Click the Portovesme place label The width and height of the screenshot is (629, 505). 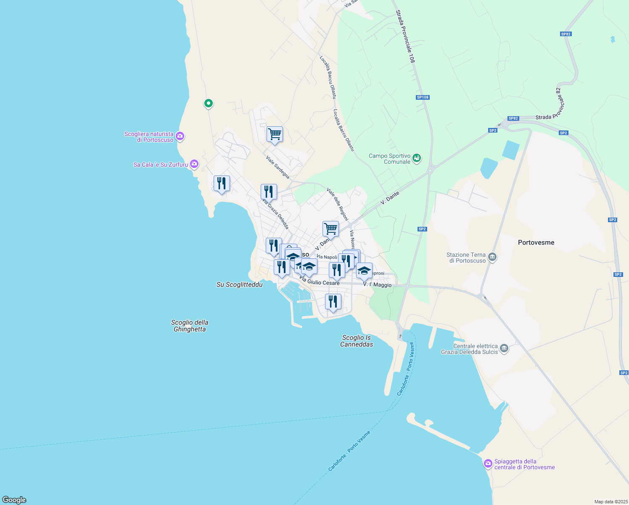[536, 242]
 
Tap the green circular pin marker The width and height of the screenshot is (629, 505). [208, 103]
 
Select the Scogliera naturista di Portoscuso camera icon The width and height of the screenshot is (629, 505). [180, 136]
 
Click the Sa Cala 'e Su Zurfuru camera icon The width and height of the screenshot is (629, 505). [194, 164]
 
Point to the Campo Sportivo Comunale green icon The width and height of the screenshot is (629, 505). [417, 158]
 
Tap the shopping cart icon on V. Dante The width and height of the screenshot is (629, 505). [330, 229]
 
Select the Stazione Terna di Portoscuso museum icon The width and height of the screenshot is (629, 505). [493, 257]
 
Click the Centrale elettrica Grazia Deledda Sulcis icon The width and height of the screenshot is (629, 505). [505, 348]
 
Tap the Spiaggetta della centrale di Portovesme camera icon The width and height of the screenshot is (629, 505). [488, 464]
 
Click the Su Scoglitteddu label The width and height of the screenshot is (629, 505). [239, 285]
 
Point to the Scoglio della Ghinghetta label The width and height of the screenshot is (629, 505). [190, 326]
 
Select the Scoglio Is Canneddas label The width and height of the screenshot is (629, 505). [357, 341]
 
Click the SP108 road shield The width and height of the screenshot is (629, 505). [423, 97]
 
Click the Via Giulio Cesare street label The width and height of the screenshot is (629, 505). [320, 282]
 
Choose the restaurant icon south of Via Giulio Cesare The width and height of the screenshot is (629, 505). [333, 302]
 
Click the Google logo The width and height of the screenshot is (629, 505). [14, 500]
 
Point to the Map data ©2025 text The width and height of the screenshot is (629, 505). [610, 502]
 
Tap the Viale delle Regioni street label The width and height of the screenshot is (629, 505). [338, 205]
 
